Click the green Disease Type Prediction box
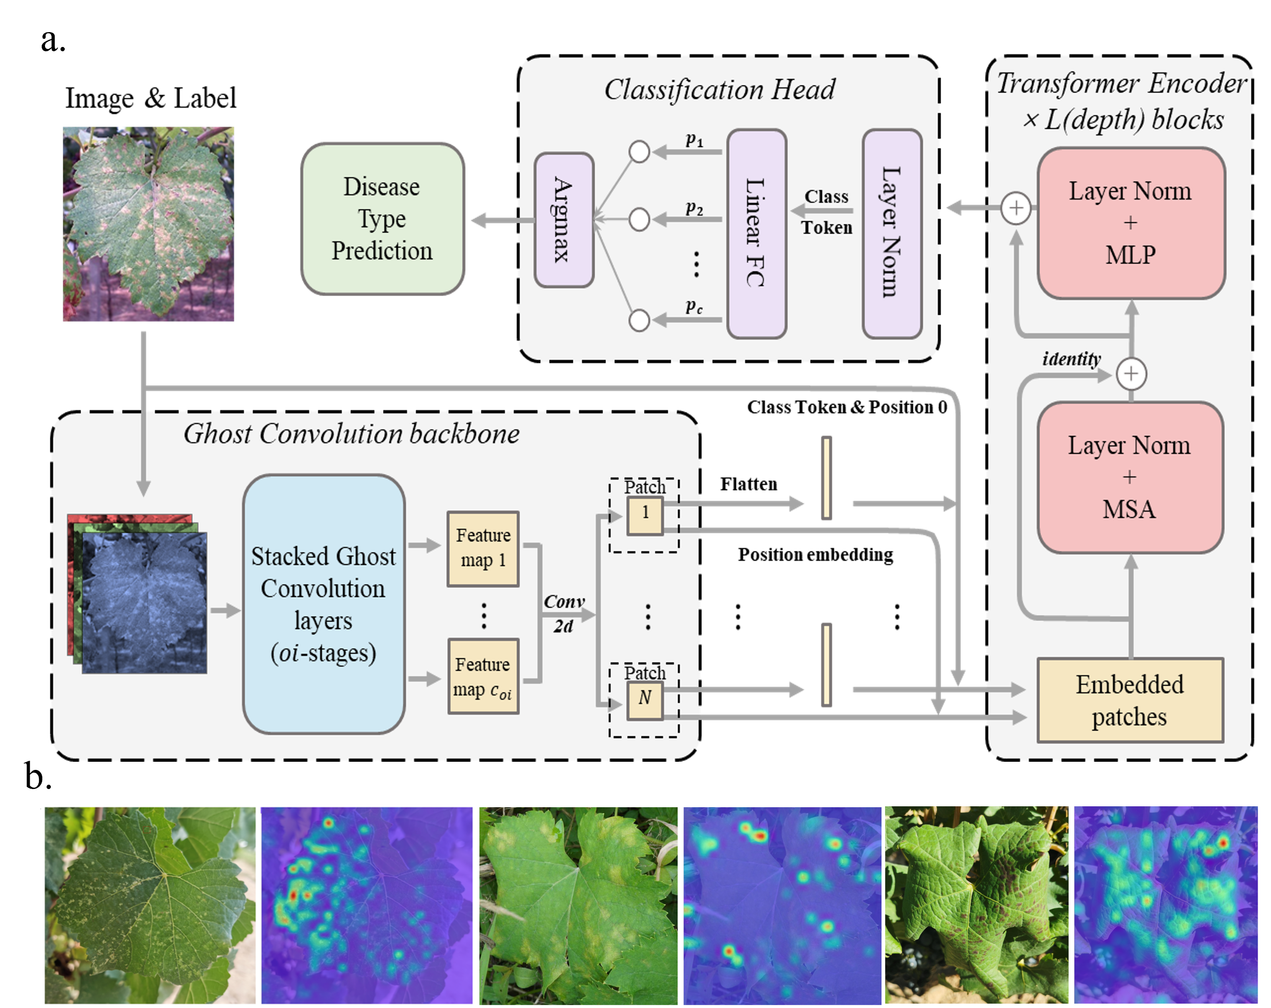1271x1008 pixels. pos(383,218)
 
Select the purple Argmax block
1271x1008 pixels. pos(563,220)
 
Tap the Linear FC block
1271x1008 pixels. pos(757,233)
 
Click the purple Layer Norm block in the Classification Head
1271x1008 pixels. pos(892,233)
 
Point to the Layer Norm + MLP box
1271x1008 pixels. pos(1131,223)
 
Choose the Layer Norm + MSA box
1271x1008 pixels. pos(1130,477)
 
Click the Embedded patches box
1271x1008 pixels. pos(1130,700)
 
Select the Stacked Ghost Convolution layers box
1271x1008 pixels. pos(324,604)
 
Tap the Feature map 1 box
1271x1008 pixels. pos(483,549)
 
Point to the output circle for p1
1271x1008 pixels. pos(640,151)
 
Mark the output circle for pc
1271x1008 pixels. pos(640,321)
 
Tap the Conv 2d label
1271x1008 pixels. pos(563,613)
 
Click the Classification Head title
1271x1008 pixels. pos(720,90)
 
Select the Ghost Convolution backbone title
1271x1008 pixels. pos(351,434)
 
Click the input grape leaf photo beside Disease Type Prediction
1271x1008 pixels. pos(149,224)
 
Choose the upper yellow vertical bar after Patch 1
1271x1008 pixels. pos(827,478)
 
